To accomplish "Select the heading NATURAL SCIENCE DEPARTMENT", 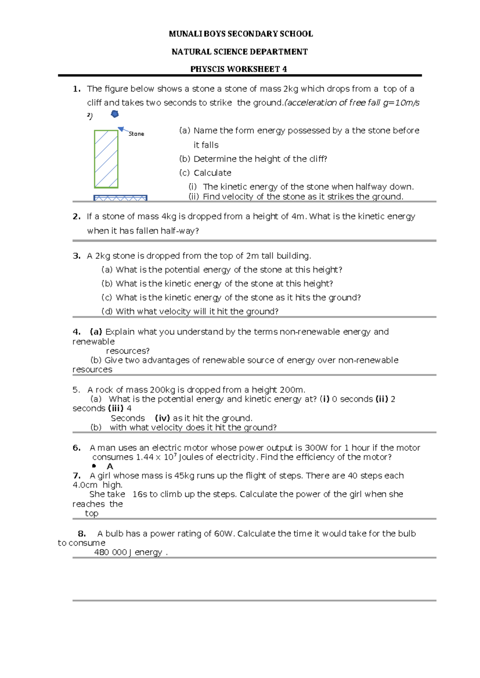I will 240,52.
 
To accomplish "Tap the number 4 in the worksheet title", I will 284,69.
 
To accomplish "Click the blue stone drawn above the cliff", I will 115,114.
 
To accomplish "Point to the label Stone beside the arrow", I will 136,134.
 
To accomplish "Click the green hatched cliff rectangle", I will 106,159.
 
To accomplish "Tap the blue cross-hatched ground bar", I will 120,198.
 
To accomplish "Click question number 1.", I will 77,89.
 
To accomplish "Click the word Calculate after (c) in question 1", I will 212,173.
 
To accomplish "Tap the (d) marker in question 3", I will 107,311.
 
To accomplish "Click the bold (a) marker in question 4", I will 96,332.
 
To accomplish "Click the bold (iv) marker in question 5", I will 162,418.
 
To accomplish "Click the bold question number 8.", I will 82,534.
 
